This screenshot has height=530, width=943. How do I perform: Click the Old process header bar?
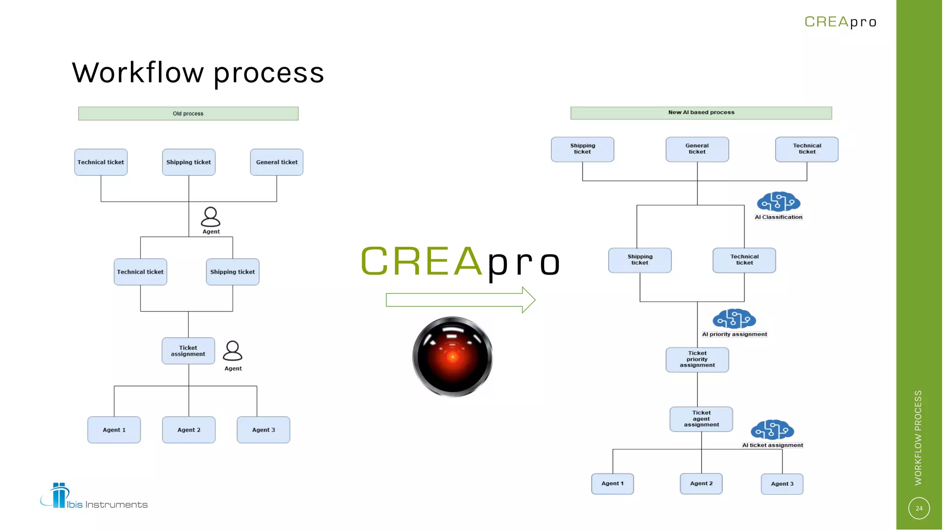pos(188,114)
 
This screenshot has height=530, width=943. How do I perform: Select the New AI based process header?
pos(701,113)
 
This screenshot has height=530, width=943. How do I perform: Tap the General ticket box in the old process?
pos(276,162)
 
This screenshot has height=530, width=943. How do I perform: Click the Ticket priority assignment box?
pos(697,359)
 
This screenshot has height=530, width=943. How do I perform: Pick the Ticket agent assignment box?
pos(701,419)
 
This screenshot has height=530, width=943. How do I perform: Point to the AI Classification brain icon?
pos(778,202)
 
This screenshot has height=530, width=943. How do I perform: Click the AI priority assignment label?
pos(734,334)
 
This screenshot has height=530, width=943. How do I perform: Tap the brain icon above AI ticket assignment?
pos(772,430)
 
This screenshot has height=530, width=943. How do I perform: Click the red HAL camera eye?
pos(453,357)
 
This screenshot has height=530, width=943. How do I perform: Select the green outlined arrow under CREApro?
pos(460,300)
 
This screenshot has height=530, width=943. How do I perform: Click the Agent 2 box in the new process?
pos(701,484)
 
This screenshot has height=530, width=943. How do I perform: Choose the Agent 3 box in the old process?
pos(263,430)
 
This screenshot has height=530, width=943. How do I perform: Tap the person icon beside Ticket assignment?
pos(233,351)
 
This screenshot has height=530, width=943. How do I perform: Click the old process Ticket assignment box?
pos(188,351)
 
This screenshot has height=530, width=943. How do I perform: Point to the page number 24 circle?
pos(919,508)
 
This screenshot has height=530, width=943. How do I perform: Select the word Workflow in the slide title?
pos(138,73)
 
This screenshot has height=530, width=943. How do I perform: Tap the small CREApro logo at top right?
pos(840,22)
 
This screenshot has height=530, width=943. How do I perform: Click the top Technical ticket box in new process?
pos(806,149)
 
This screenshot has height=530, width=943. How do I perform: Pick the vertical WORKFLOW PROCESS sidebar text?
pos(918,438)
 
